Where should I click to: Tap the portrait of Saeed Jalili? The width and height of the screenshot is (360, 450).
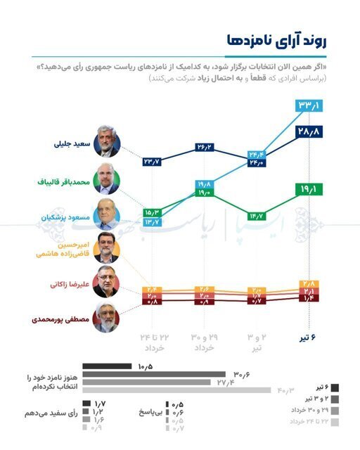point(106,145)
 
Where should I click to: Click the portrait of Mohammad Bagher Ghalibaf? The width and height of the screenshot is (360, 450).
point(106,181)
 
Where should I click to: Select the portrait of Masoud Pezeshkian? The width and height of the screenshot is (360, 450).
point(106,217)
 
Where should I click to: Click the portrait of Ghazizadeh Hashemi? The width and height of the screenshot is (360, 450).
point(106,247)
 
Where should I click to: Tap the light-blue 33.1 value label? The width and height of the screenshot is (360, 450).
point(309,106)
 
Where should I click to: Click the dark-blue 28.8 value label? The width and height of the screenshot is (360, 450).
point(309,131)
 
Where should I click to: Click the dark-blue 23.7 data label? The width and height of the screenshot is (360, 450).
point(153,162)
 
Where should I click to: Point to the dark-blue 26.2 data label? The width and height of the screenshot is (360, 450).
point(205,148)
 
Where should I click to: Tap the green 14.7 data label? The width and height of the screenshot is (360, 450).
point(257,215)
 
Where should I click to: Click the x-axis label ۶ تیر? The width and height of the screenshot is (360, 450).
point(309,340)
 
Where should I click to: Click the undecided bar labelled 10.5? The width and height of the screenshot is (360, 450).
point(107,366)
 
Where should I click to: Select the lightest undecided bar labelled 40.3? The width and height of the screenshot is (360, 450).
point(176,390)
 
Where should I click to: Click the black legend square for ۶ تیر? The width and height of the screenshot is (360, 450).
point(333,387)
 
